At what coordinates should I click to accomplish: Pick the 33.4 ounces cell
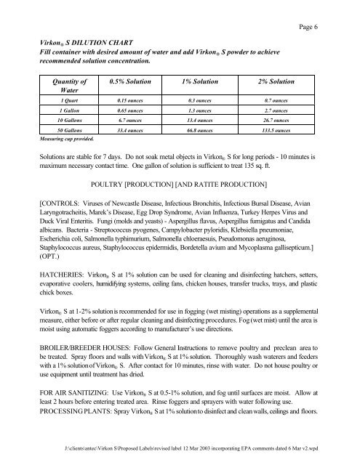pos(132,130)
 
